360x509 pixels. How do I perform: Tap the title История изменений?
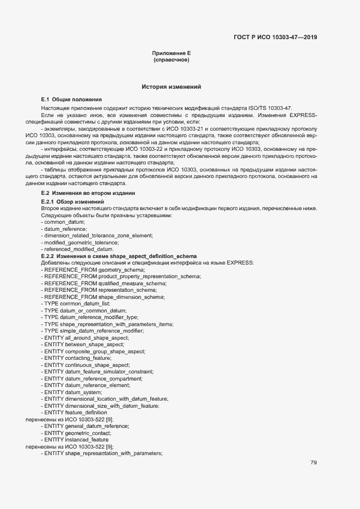point(171,87)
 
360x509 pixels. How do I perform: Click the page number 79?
point(314,463)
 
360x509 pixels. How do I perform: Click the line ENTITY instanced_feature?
point(75,439)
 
